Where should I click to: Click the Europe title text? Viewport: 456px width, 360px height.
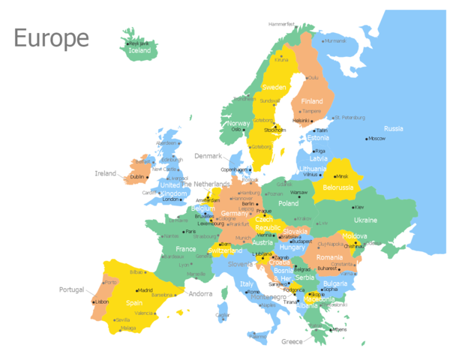51,37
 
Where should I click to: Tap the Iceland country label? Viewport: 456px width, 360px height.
140,51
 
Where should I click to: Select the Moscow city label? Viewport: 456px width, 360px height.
376,139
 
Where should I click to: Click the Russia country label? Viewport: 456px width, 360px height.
394,128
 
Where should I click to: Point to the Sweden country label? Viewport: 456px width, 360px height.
274,87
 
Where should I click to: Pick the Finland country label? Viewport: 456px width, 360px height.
311,101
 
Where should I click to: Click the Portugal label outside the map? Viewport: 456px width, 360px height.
72,289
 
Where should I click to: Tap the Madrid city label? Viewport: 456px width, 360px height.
145,290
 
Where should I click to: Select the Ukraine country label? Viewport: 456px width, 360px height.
365,220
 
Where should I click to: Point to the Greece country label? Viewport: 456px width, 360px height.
292,342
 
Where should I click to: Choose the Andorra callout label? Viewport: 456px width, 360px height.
200,294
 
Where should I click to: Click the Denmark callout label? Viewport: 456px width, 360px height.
208,156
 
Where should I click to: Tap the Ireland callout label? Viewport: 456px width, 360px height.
105,173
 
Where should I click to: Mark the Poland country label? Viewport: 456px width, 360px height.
288,203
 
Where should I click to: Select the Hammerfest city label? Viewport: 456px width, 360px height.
281,24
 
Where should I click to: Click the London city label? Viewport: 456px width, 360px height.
172,199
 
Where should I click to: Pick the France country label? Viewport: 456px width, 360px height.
185,249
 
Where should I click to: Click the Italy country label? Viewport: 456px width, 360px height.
247,283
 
